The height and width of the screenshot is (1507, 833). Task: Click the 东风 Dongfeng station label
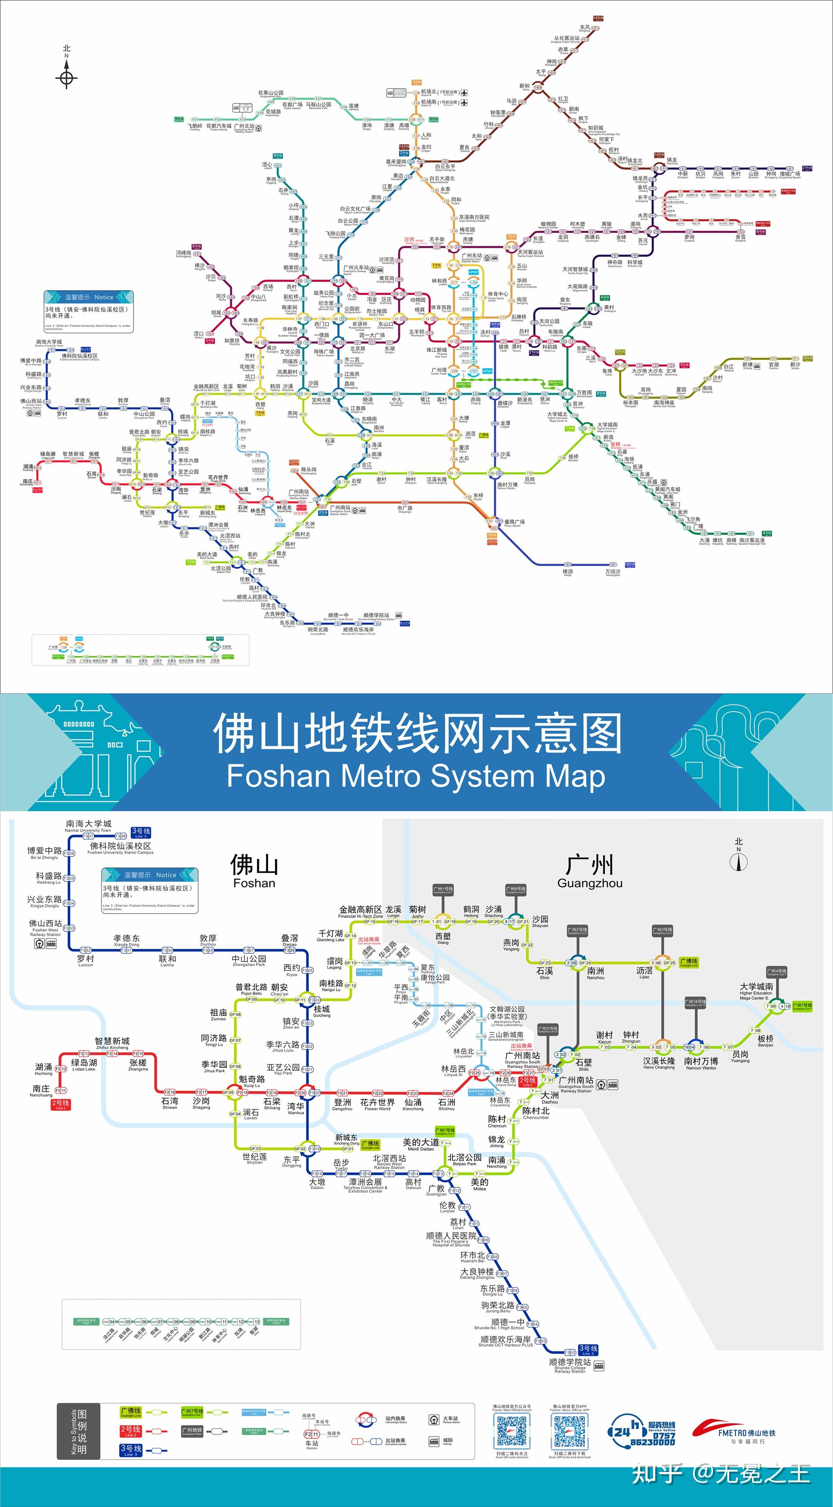pyautogui.click(x=584, y=28)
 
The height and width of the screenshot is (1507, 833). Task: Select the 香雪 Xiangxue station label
pyautogui.click(x=741, y=238)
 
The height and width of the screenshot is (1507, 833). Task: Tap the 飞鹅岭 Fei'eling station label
pyautogui.click(x=195, y=126)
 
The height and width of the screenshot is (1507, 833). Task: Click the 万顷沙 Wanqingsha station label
pyautogui.click(x=612, y=572)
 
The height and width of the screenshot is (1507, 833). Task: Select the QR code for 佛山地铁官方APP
pyautogui.click(x=569, y=1431)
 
